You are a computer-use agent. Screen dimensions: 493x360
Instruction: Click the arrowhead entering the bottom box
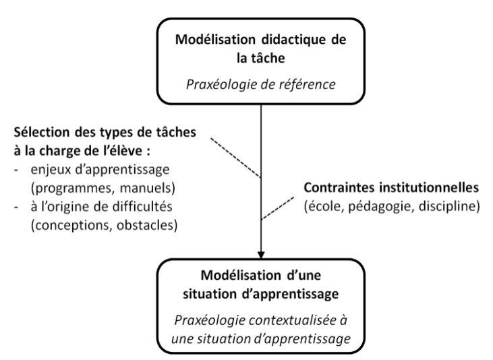[261, 255]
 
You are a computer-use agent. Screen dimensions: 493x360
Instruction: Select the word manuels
[148, 188]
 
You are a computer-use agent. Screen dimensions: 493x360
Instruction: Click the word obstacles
[147, 225]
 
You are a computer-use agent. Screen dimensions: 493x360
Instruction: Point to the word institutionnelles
[428, 187]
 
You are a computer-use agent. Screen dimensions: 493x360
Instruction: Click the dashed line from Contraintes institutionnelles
[278, 208]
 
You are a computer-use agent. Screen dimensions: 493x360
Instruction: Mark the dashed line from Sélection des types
[236, 158]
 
